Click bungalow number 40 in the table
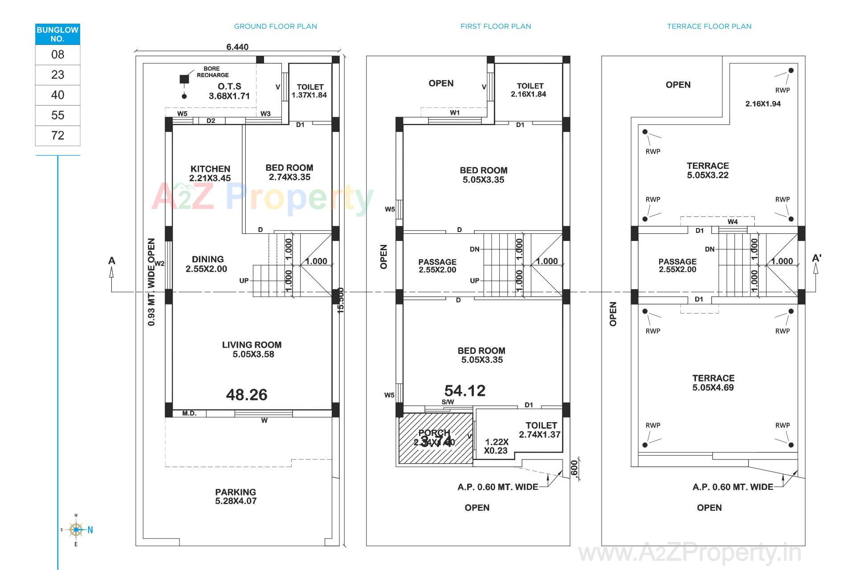57,95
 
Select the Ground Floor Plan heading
275,26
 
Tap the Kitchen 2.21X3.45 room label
210,173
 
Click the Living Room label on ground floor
252,349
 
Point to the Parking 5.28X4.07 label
236,496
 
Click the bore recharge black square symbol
184,79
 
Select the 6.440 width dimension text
237,47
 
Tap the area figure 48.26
246,395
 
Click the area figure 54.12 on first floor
464,391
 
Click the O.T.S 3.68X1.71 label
229,91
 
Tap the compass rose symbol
76,529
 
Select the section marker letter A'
816,258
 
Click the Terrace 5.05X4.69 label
712,383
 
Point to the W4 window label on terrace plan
733,221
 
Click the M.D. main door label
189,414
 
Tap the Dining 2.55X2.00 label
207,264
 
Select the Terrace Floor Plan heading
709,26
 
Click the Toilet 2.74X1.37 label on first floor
540,430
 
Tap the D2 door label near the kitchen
211,121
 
